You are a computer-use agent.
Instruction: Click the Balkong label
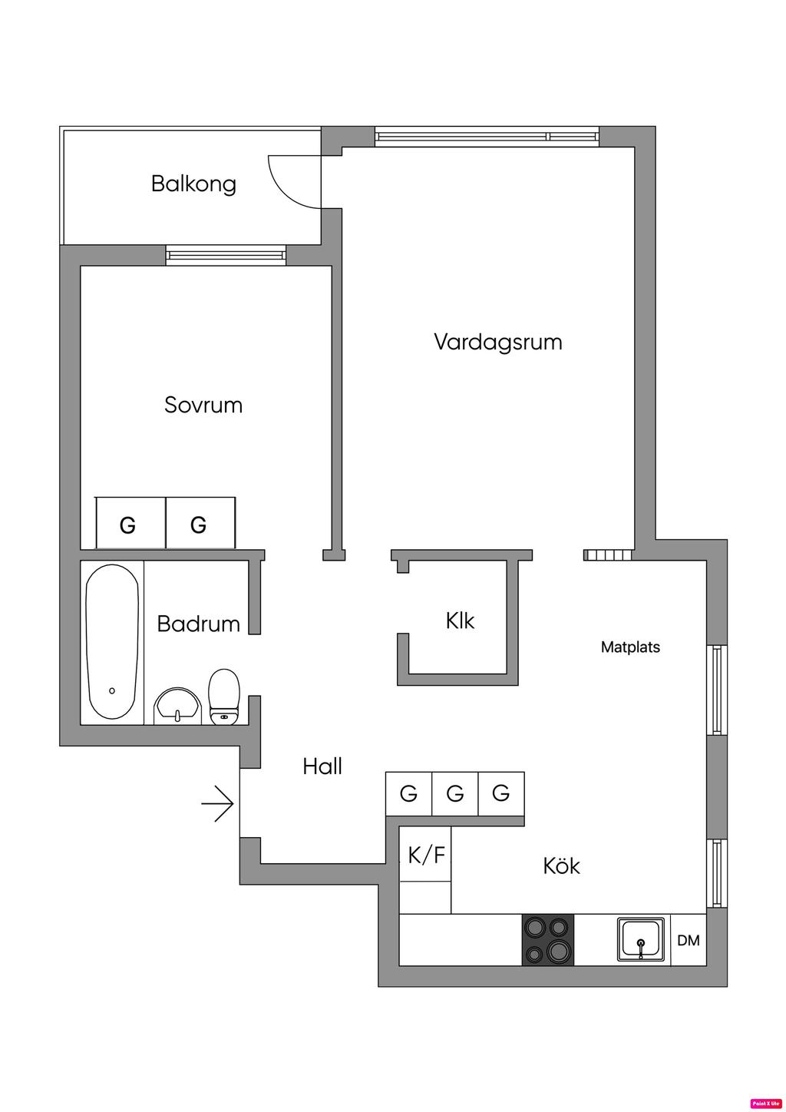click(193, 184)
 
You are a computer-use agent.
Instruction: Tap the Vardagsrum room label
click(497, 342)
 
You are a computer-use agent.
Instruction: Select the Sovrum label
click(203, 405)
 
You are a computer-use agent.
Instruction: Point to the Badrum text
click(198, 624)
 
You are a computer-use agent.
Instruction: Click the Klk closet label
click(460, 621)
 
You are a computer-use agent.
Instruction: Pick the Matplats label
click(630, 647)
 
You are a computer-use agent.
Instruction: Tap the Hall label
click(322, 766)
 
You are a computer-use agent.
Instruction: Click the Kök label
click(561, 866)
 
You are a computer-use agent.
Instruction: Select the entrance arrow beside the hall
click(218, 804)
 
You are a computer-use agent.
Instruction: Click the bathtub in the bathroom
click(112, 642)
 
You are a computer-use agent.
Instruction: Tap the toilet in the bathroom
click(224, 696)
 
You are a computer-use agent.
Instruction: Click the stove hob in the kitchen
click(548, 940)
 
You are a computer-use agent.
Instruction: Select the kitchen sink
click(641, 939)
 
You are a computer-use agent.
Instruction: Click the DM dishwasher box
click(689, 940)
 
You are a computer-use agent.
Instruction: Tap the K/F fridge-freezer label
click(426, 855)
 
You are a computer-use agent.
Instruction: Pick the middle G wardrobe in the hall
click(455, 793)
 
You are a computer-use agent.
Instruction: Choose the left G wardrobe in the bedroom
click(128, 525)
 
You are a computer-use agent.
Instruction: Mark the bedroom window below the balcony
click(226, 254)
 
